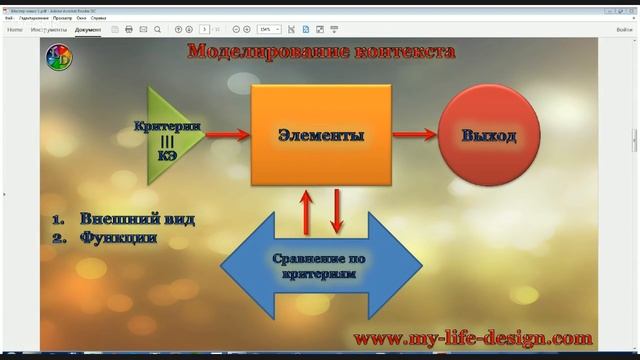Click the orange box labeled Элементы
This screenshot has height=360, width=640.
click(320, 135)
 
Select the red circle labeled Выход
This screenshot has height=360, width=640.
click(489, 136)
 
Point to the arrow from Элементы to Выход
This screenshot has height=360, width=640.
click(415, 134)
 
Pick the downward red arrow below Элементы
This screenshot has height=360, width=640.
click(337, 209)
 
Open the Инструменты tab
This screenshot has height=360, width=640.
click(49, 30)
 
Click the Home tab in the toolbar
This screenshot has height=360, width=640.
click(15, 30)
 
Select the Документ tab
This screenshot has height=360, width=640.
click(88, 30)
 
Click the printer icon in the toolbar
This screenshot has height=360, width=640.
click(129, 30)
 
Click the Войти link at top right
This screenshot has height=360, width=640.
click(624, 30)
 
